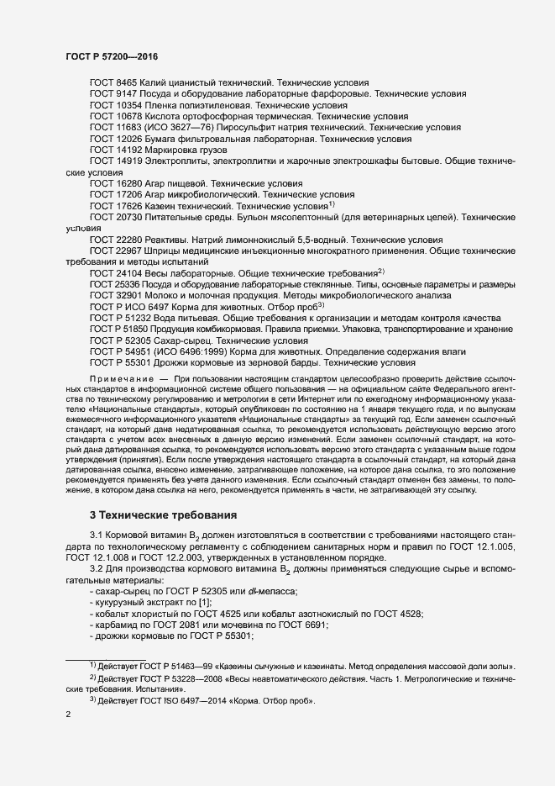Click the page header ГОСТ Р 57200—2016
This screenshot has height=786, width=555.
click(x=111, y=56)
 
